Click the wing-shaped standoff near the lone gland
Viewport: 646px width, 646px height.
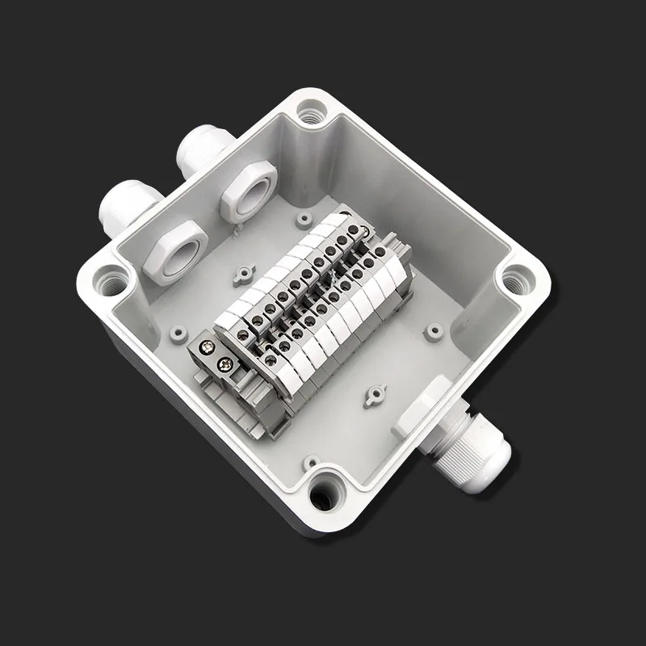pyautogui.click(x=373, y=396)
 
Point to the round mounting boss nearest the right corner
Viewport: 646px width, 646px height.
pyautogui.click(x=434, y=330)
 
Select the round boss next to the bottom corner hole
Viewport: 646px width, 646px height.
pyautogui.click(x=309, y=463)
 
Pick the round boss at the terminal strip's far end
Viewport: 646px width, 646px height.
pyautogui.click(x=304, y=218)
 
